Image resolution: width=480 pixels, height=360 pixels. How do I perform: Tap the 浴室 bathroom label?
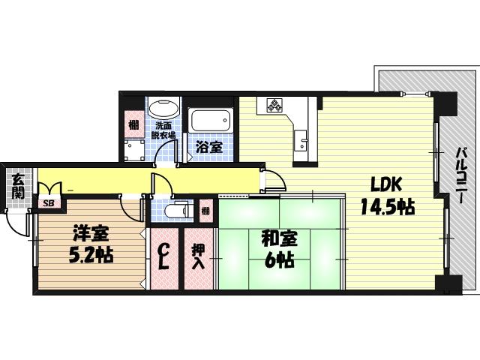pos(209,147)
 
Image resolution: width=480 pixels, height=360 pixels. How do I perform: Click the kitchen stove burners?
pos(274,106)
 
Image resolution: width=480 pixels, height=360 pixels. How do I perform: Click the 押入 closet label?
pos(199,257)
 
